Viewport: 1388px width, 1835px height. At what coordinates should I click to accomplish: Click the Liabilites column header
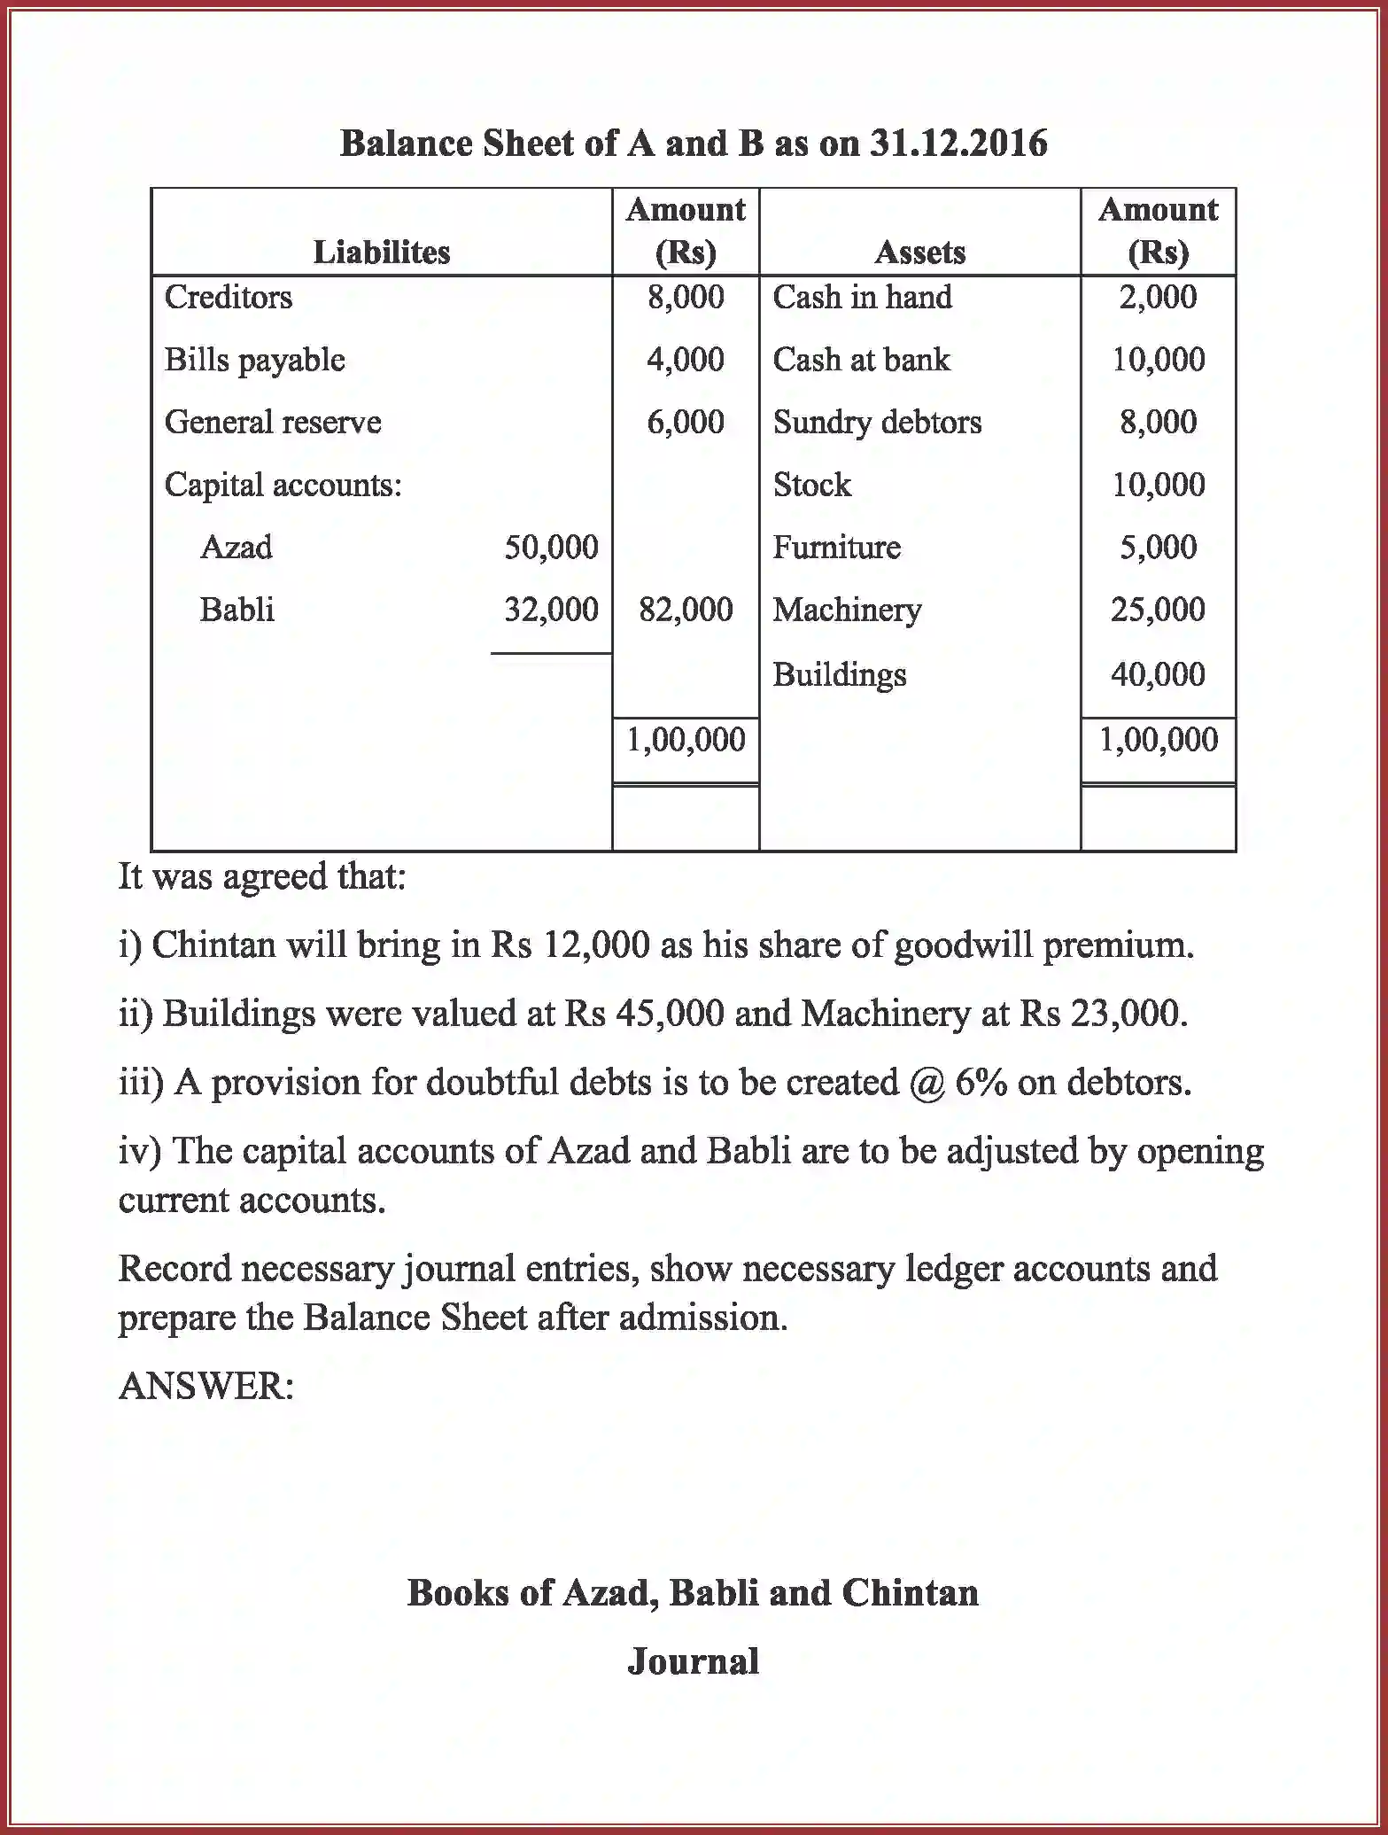[x=382, y=253]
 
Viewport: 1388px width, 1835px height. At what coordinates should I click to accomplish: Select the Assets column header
[x=919, y=253]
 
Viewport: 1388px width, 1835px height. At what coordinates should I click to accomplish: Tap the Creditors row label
[x=229, y=297]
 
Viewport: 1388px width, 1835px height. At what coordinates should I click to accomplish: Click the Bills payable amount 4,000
[x=685, y=360]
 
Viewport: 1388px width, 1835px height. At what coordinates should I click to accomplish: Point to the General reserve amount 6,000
[x=685, y=422]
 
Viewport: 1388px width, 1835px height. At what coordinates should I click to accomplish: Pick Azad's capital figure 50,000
[x=551, y=547]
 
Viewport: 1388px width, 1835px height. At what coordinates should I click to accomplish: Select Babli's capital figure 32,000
[x=551, y=610]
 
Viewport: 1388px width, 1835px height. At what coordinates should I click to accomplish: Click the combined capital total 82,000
[x=686, y=610]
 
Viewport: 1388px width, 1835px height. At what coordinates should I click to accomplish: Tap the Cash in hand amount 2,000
[x=1158, y=297]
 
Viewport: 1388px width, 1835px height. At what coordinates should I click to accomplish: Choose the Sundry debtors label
[x=877, y=422]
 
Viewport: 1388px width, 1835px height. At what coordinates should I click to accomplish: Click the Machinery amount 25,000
[x=1158, y=610]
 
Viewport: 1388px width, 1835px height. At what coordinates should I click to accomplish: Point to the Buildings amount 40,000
[x=1158, y=674]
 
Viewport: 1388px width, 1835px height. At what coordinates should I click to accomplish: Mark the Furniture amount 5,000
[x=1158, y=547]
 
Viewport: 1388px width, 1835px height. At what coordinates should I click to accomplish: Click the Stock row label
[x=811, y=485]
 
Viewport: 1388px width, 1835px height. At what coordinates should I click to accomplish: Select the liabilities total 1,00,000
[x=686, y=739]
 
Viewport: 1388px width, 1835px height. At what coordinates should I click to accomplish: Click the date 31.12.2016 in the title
[x=958, y=143]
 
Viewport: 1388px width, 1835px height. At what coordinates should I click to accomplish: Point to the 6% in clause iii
[x=981, y=1083]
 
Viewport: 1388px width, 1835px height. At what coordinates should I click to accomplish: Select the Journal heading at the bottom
[x=693, y=1660]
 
